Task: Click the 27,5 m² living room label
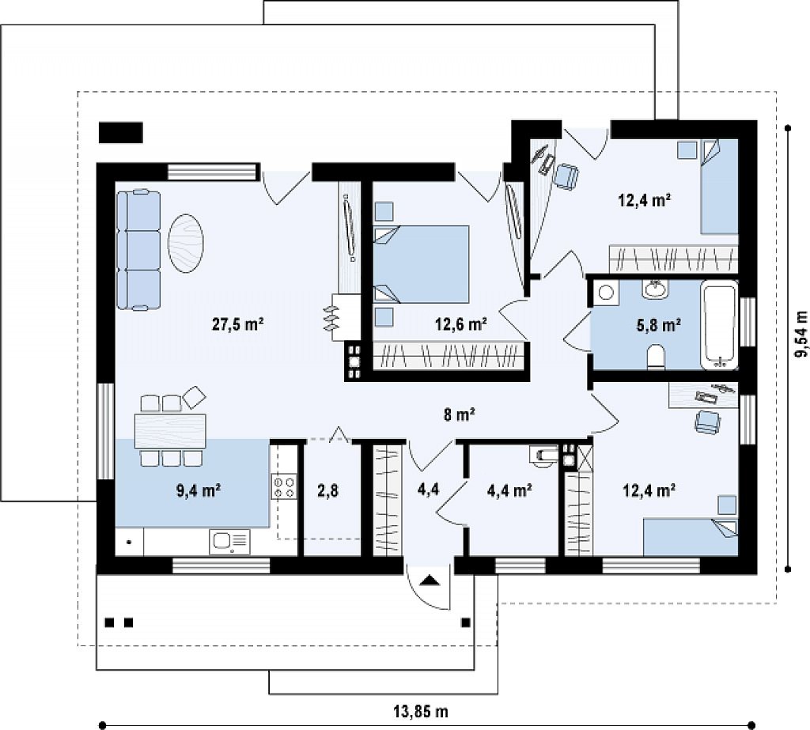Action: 237,324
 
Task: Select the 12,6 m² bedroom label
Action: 461,324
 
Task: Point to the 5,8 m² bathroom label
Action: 657,324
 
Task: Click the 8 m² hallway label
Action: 460,414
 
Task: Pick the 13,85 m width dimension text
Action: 421,712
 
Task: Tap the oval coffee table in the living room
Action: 186,243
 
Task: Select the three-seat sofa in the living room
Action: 138,250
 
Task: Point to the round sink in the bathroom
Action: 656,289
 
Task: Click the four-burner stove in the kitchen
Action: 284,487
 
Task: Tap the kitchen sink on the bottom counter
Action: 229,542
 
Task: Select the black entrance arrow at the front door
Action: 430,581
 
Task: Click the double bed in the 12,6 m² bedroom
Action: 421,264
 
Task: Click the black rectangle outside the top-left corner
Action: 120,133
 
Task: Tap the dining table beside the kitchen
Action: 170,431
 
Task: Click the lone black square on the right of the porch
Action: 466,622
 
